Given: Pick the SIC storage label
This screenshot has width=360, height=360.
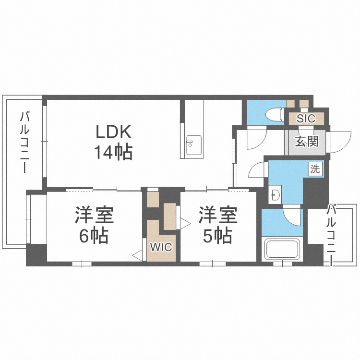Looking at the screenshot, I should click(x=306, y=119).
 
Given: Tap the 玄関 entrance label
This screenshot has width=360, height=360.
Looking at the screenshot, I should click(x=306, y=142).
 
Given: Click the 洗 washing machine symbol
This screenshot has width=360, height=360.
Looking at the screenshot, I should click(x=315, y=168).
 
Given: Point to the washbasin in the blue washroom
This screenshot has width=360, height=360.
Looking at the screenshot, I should click(x=275, y=195).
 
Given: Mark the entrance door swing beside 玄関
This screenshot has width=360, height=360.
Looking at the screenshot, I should click(x=339, y=140).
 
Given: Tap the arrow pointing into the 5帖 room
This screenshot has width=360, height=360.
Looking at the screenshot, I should click(x=184, y=222).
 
